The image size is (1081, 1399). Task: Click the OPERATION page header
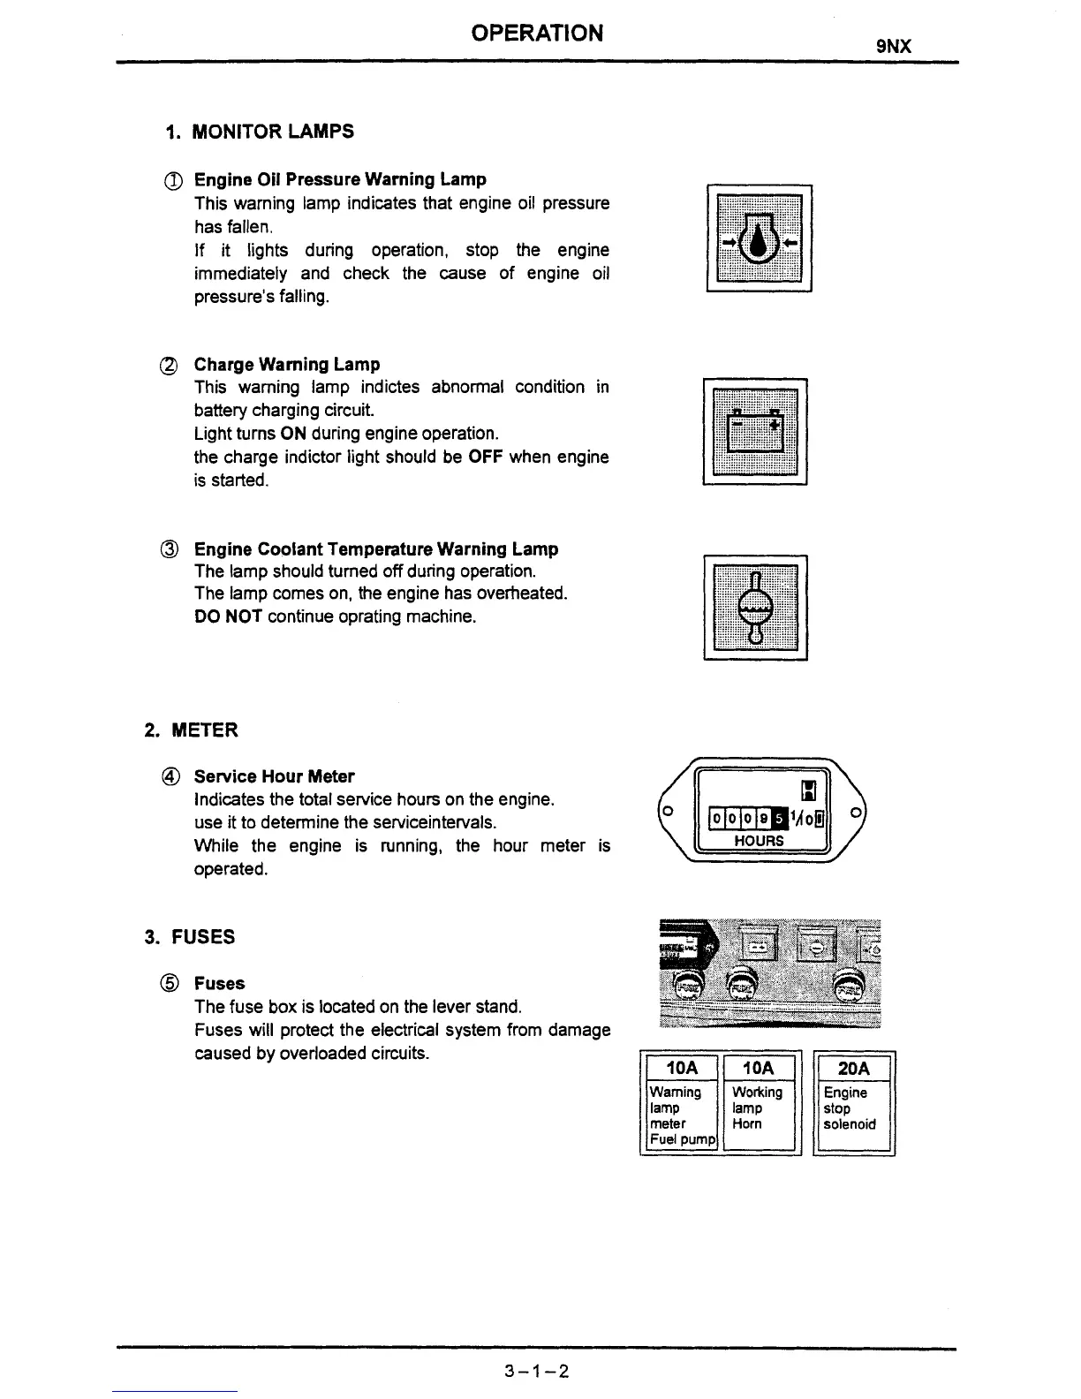(x=537, y=33)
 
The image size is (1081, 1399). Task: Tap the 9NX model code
(x=893, y=46)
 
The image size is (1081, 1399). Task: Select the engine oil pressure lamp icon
(x=760, y=238)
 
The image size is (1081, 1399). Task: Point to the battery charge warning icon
(x=755, y=432)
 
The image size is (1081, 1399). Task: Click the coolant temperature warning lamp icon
(x=755, y=608)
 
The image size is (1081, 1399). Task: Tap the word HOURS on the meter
(x=759, y=841)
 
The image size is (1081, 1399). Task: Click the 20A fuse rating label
(x=854, y=1069)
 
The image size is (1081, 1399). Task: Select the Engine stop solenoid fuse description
(x=850, y=1108)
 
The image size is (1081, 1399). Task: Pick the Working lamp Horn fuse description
(x=758, y=1108)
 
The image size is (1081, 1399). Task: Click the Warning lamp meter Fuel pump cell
(x=681, y=1116)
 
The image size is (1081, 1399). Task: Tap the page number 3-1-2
(x=537, y=1371)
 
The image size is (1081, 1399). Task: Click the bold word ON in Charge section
(x=293, y=434)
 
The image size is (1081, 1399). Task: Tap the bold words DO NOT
(x=228, y=616)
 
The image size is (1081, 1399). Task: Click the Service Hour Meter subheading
(x=274, y=777)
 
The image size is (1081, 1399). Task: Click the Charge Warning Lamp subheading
(x=287, y=365)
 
